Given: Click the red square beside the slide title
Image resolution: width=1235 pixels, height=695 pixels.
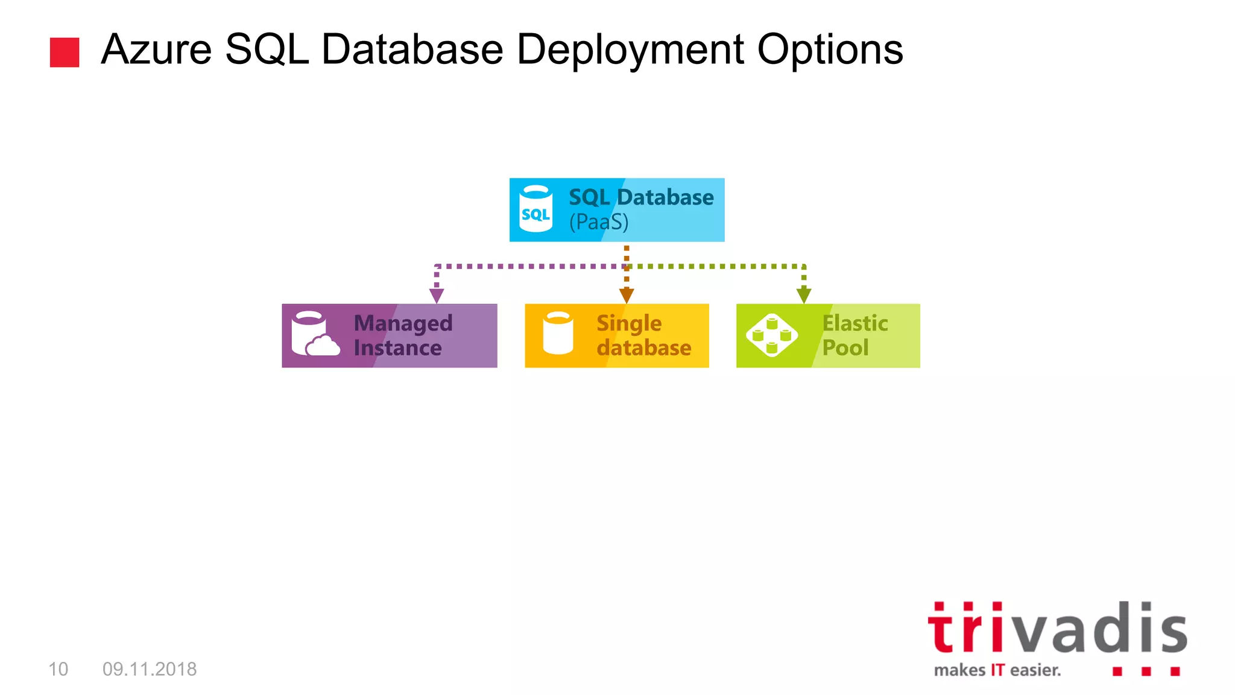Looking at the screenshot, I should (x=65, y=52).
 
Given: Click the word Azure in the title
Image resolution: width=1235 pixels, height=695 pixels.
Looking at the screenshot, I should (x=156, y=49).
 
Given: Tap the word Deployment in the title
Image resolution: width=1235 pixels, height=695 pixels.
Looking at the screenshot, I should (x=630, y=49).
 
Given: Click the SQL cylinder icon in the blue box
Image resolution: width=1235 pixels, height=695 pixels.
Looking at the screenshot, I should (x=535, y=209).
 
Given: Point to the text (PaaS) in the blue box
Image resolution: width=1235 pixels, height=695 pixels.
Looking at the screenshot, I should (x=599, y=222).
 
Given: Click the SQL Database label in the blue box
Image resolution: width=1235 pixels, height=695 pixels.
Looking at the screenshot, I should (x=641, y=197).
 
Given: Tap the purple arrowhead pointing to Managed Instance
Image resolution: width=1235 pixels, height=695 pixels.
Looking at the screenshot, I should (x=437, y=296).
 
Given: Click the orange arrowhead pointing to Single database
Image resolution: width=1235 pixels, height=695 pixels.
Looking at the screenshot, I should (x=627, y=296).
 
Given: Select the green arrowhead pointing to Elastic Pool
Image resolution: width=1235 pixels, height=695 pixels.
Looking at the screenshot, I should (x=804, y=296).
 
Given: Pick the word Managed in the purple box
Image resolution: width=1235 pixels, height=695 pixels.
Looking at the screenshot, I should (x=403, y=323).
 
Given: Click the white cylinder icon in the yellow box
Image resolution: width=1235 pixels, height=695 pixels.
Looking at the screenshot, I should (x=558, y=334).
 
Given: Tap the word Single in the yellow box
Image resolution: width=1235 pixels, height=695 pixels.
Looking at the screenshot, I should (x=629, y=323).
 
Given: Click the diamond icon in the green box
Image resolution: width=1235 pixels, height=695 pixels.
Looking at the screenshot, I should (x=772, y=335).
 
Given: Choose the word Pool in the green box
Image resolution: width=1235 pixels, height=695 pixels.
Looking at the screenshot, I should (x=845, y=347).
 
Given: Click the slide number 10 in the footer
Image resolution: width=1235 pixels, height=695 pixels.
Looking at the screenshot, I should (x=58, y=669).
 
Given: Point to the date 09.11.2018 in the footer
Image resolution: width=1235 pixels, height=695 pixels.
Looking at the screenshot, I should (x=150, y=669).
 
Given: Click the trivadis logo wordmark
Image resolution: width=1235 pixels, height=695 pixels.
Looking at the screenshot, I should (x=1057, y=628).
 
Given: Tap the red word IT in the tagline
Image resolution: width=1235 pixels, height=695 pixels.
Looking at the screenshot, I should (x=997, y=670).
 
